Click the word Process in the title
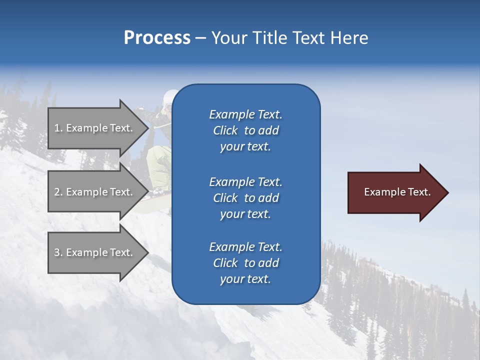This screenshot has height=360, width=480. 157,38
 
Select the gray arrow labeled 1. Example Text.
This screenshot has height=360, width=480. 95,128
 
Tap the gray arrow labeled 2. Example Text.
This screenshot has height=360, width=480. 95,192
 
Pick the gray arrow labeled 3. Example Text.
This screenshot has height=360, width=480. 95,252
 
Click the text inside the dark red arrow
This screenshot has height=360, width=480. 397,192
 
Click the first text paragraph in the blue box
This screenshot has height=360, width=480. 246,130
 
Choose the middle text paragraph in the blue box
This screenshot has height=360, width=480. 246,198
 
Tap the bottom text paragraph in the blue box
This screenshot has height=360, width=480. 246,263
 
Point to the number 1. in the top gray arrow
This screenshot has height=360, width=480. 58,128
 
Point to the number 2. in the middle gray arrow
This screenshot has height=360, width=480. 58,192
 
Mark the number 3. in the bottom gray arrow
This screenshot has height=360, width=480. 58,252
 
